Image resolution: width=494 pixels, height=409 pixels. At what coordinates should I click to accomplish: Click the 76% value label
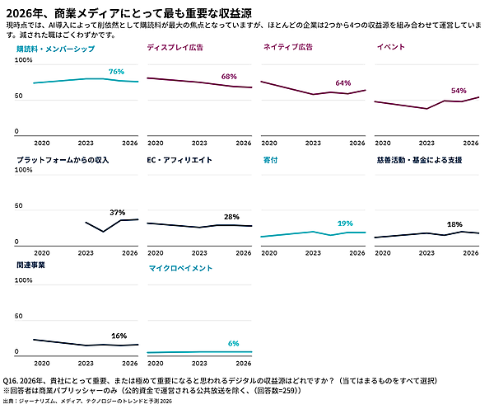click(x=116, y=72)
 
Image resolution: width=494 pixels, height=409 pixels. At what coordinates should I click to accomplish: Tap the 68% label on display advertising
click(x=229, y=77)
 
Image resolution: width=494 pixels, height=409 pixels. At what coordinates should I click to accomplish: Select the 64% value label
click(x=343, y=83)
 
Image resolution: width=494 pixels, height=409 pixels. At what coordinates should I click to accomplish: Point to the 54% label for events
click(x=459, y=91)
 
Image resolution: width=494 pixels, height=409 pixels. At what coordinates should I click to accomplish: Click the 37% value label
click(x=117, y=212)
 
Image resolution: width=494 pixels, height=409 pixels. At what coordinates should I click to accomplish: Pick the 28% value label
click(x=231, y=217)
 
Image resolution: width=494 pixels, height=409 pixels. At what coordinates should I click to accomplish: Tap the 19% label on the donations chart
click(x=345, y=223)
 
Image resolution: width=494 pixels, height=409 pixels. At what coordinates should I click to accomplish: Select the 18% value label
click(x=454, y=224)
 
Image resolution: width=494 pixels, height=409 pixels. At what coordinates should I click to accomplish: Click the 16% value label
click(x=119, y=336)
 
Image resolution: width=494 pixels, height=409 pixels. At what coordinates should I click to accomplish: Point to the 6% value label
click(x=233, y=343)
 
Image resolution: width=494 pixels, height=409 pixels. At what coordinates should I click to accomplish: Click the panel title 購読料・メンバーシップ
click(x=50, y=48)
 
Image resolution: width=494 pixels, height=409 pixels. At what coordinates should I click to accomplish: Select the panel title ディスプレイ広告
click(x=175, y=48)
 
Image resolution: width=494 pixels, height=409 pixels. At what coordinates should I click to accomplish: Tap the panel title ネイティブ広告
click(x=287, y=48)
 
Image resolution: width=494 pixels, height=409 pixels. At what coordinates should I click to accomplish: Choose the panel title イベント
click(x=390, y=48)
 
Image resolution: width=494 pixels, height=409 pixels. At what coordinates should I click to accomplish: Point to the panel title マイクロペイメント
click(x=180, y=269)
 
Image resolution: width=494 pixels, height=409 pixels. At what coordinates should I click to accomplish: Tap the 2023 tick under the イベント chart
click(x=426, y=143)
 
